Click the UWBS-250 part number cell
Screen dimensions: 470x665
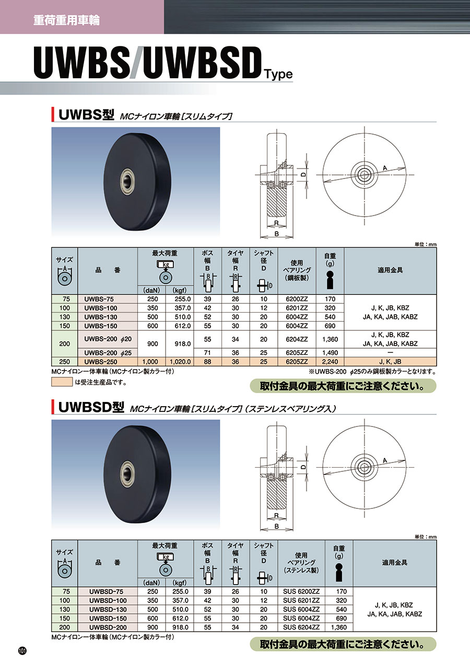click(x=107, y=362)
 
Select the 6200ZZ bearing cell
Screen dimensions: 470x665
click(x=297, y=299)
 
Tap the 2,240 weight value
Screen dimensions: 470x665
click(x=330, y=362)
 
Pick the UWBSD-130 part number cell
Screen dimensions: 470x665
click(x=108, y=609)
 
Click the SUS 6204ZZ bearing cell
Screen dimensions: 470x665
click(x=301, y=627)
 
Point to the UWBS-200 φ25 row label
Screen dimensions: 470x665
click(x=108, y=353)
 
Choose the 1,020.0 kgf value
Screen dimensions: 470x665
click(x=180, y=362)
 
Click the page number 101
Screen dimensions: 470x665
click(x=22, y=651)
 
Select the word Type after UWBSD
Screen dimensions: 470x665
click(x=278, y=74)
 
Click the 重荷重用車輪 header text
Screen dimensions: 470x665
click(x=66, y=20)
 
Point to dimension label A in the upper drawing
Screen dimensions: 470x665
click(x=385, y=168)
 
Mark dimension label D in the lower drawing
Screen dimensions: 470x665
click(x=303, y=467)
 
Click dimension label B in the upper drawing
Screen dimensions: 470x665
click(x=277, y=234)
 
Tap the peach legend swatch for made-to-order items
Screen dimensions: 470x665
click(x=62, y=382)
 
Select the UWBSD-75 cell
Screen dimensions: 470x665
click(x=108, y=591)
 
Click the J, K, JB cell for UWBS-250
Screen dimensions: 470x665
click(x=390, y=362)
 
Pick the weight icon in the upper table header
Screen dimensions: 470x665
click(x=330, y=280)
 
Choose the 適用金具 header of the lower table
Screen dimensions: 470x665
click(x=394, y=562)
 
